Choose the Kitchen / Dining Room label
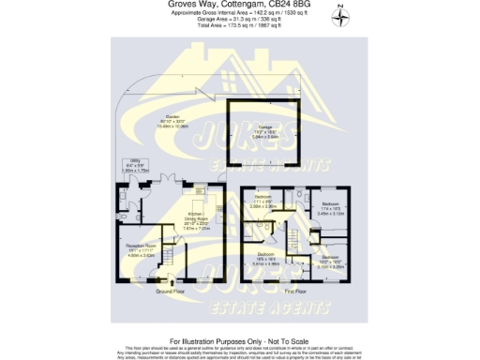[195, 221]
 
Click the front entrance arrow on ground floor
[171, 280]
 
